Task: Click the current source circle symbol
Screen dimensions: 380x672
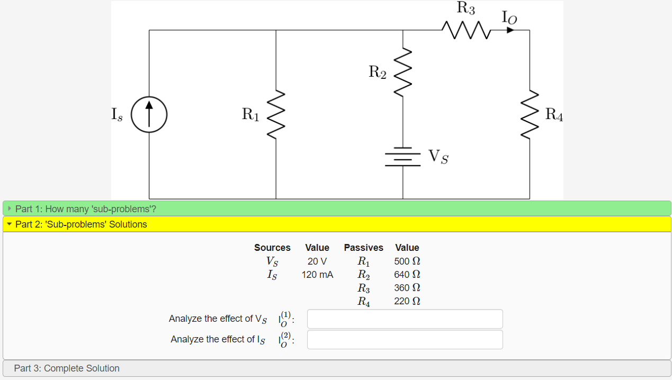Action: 149,114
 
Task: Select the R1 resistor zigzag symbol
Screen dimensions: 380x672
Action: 276,115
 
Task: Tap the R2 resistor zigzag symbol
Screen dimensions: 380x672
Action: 403,72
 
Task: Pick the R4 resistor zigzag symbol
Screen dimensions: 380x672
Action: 530,114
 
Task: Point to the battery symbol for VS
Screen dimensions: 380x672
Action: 403,157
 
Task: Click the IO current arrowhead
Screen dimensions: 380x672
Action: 509,30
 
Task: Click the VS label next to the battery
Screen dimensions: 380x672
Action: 438,157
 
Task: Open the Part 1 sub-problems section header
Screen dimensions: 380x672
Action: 85,209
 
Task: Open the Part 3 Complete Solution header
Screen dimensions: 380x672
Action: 67,368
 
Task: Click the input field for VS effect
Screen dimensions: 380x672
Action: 405,319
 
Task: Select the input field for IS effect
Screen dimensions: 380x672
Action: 405,340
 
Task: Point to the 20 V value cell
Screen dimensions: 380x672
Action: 317,261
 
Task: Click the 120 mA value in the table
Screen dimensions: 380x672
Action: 317,275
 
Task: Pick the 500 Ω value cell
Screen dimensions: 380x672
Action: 407,261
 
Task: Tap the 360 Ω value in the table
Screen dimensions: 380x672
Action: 407,288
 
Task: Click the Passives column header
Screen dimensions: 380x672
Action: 363,248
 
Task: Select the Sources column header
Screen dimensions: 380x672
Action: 272,248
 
